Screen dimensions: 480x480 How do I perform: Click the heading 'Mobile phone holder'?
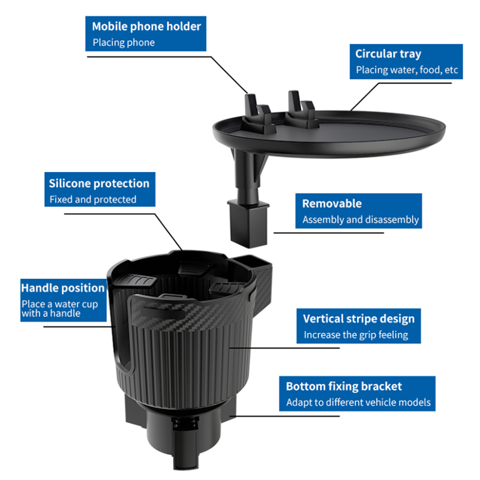146,26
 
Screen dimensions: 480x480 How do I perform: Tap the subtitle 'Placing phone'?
124,42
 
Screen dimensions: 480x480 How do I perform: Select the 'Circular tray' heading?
388,54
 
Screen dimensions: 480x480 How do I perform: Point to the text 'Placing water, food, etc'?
407,70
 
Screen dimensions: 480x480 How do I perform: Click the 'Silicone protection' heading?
99,184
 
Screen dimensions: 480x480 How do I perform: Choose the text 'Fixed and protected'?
93,200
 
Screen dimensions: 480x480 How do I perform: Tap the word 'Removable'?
332,203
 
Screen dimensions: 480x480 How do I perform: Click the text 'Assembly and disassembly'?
361,220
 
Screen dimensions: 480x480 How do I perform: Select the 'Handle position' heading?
63,288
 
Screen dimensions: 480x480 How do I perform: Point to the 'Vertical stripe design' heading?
359,319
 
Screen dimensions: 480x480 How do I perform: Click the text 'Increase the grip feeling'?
356,335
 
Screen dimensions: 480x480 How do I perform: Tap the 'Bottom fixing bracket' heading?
344,386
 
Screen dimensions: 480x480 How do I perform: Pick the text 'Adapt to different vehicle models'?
358,402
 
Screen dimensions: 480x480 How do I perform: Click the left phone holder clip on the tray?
258,114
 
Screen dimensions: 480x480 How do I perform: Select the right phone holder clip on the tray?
302,110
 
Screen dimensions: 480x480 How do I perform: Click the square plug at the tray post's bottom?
248,223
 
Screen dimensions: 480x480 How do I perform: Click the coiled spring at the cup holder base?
185,424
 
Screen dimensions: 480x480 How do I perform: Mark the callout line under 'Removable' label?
328,233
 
